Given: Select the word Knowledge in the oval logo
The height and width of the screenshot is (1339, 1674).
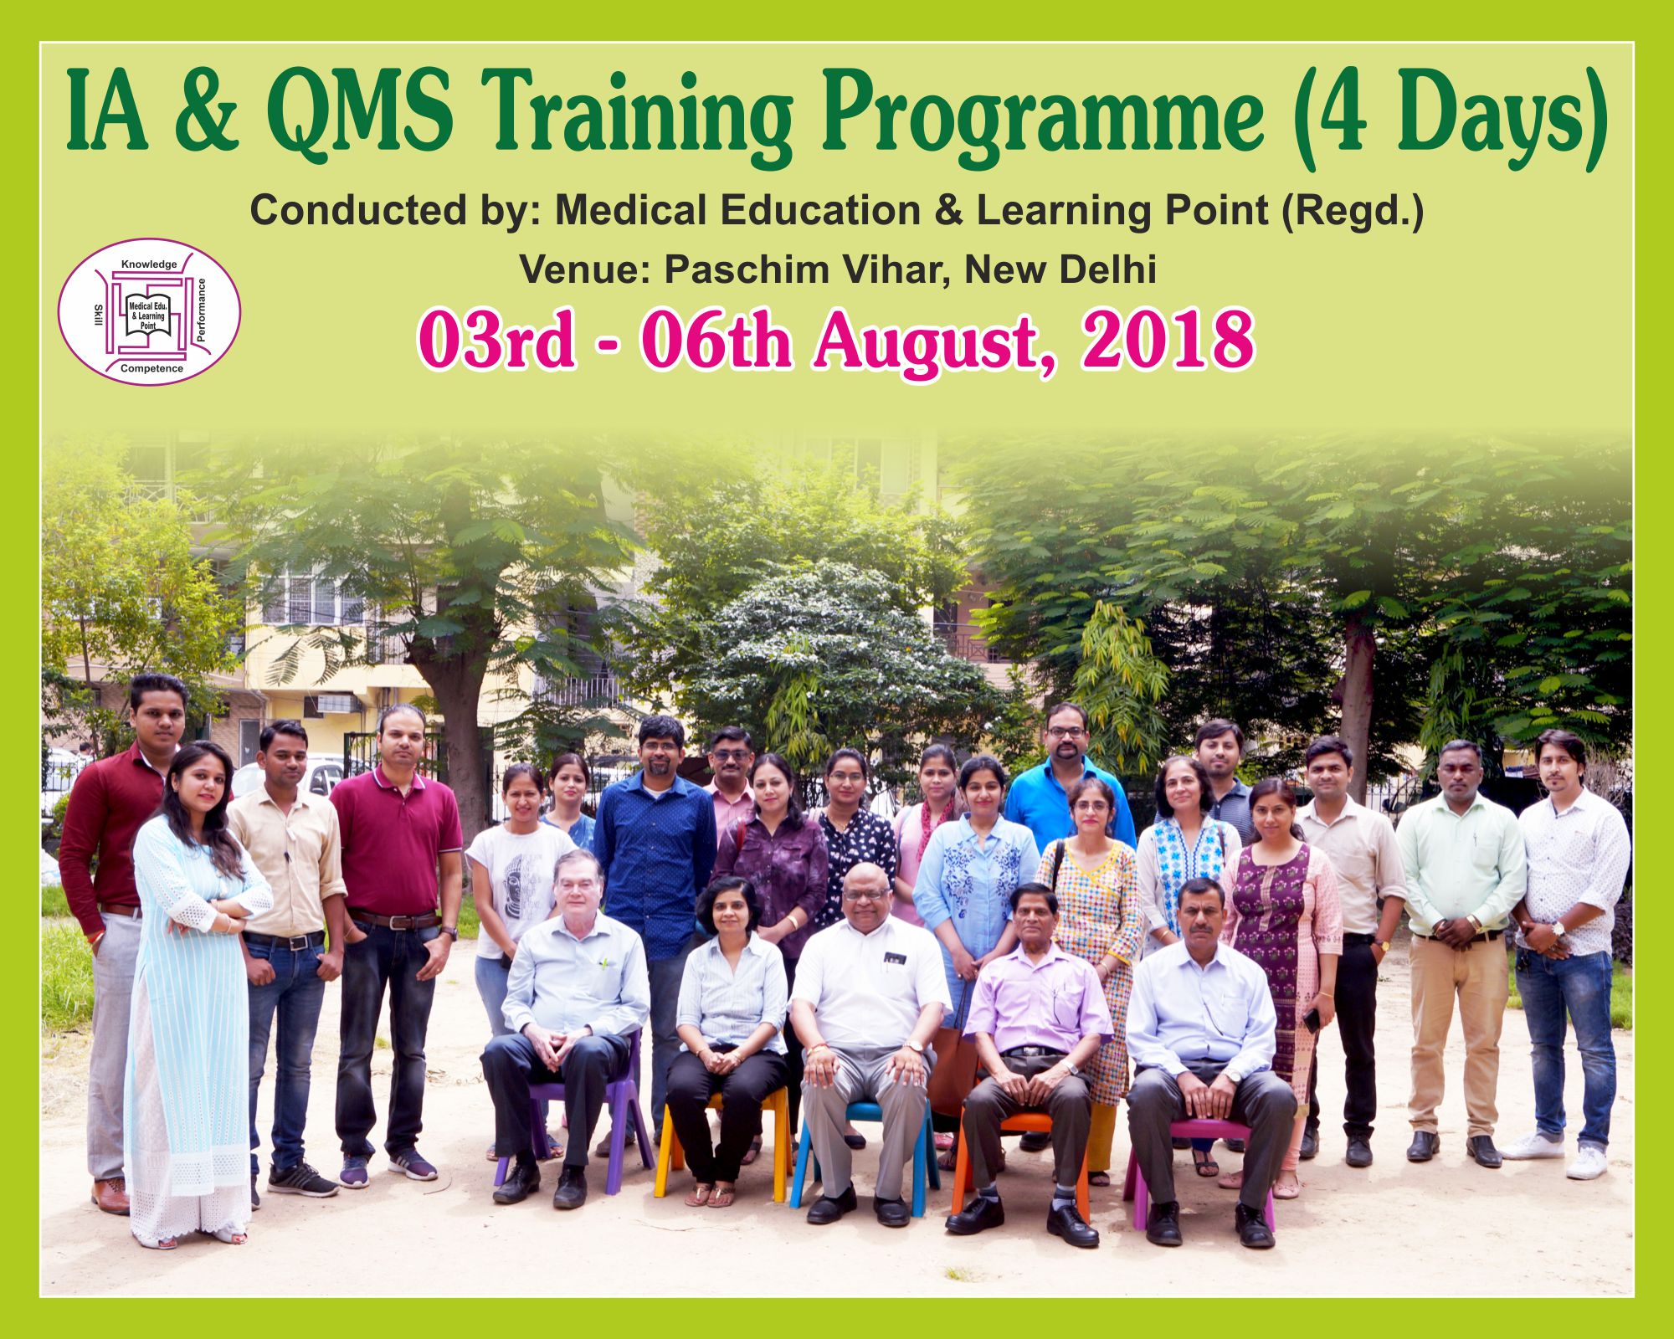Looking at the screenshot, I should pyautogui.click(x=149, y=264).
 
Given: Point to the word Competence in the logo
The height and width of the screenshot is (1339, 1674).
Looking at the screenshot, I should pyautogui.click(x=151, y=368).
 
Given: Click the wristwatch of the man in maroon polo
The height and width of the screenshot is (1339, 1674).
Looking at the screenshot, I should pyautogui.click(x=449, y=931).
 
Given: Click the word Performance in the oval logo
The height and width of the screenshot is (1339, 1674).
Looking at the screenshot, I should pyautogui.click(x=201, y=310).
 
